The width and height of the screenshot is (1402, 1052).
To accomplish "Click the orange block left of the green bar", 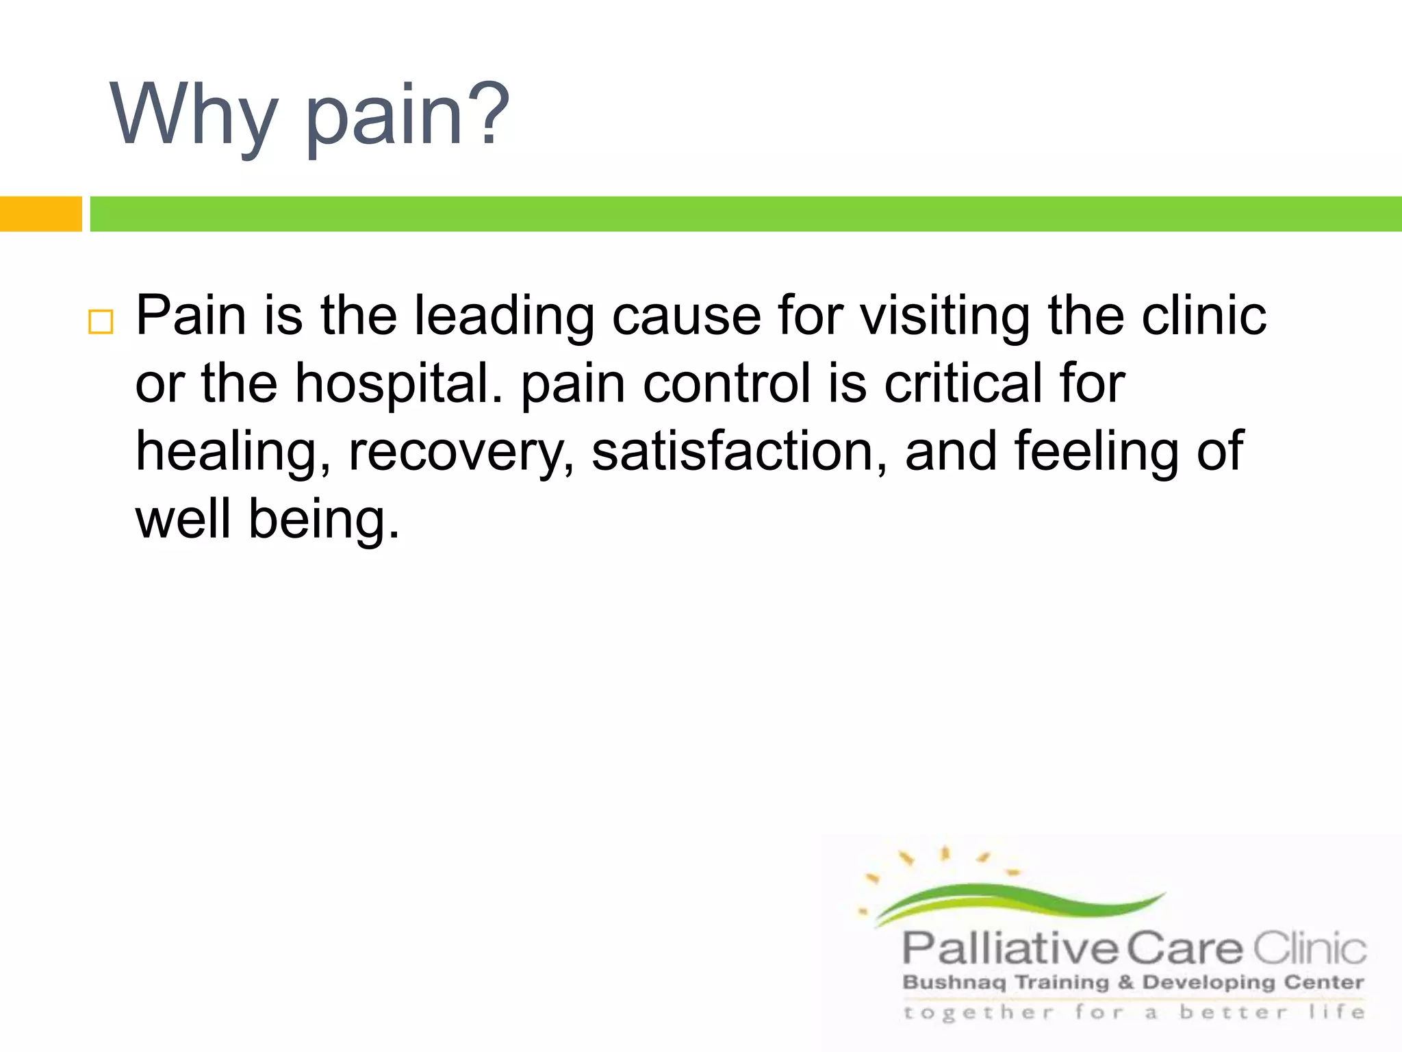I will click(x=40, y=214).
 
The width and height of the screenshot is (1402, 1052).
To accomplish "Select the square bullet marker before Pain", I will click(x=101, y=321).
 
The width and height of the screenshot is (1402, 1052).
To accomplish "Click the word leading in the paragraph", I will click(x=505, y=316).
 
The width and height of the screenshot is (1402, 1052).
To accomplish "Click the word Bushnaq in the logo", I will click(x=954, y=983).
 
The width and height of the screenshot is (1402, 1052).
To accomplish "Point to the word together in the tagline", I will click(x=978, y=1012).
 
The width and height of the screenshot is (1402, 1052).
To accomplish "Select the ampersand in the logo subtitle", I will click(x=1125, y=983).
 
